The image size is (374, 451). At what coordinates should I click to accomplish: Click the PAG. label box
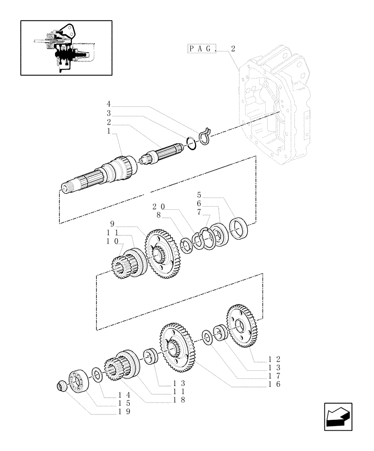202,49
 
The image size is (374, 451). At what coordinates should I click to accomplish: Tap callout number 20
159,206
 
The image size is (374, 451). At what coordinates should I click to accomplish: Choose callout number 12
274,359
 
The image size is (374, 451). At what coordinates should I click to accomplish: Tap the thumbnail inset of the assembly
66,47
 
